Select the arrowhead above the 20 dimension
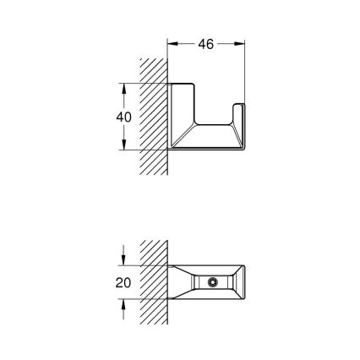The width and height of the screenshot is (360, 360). tap(124, 259)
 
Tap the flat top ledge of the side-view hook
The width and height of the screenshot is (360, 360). tap(186, 86)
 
